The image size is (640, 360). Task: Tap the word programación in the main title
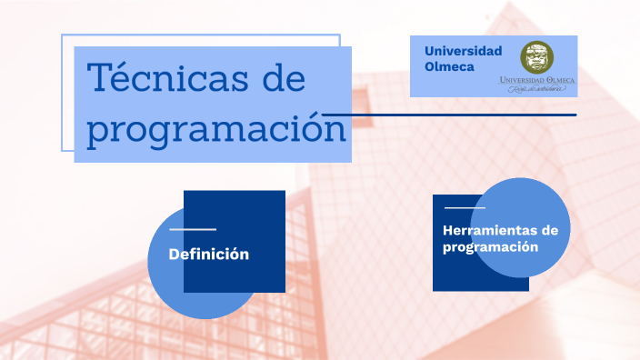[216, 127]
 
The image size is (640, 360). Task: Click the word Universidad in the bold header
[463, 50]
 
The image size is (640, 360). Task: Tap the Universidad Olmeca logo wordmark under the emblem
[537, 80]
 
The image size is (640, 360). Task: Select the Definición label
[208, 254]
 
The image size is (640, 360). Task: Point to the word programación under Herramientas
[491, 246]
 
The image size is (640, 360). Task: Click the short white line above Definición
[193, 230]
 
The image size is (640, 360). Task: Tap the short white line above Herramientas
[465, 208]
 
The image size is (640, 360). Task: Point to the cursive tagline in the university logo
[537, 90]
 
